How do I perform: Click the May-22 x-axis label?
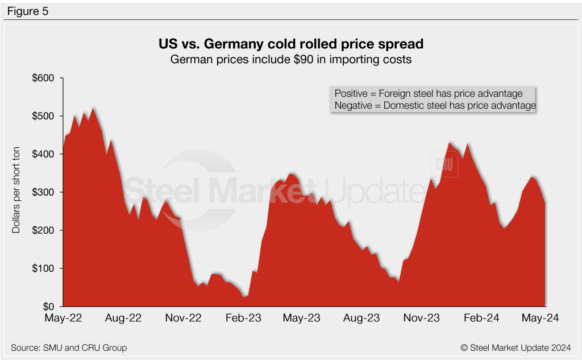(63, 318)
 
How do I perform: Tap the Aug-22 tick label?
(123, 318)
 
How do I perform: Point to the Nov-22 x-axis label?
(184, 318)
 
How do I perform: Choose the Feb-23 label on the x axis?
(244, 318)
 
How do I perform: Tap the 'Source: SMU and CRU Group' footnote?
(69, 347)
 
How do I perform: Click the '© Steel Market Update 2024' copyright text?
(515, 347)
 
